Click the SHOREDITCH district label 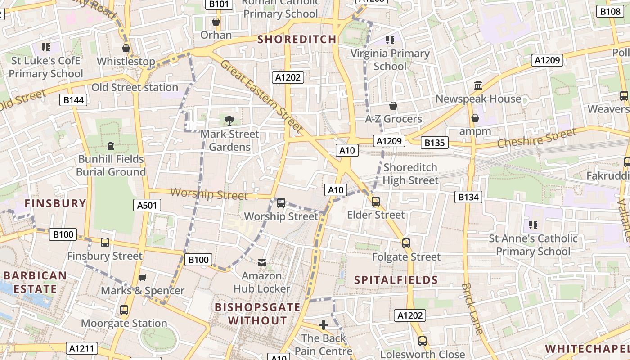click(297, 39)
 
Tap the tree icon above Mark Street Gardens click(229, 120)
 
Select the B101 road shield click(219, 4)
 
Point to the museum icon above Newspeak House click(478, 85)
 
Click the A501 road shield click(147, 206)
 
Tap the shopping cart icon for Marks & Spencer click(143, 277)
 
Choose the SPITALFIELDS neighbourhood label click(396, 280)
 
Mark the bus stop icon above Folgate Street click(406, 243)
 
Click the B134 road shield click(468, 197)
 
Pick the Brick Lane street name click(472, 309)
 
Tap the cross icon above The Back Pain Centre click(323, 324)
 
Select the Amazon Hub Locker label click(261, 282)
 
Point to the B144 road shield click(73, 100)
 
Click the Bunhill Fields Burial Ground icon click(111, 146)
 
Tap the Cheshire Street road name click(536, 138)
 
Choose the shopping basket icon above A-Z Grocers click(393, 106)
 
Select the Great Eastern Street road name click(261, 96)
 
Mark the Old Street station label click(135, 87)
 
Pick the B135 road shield click(435, 143)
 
